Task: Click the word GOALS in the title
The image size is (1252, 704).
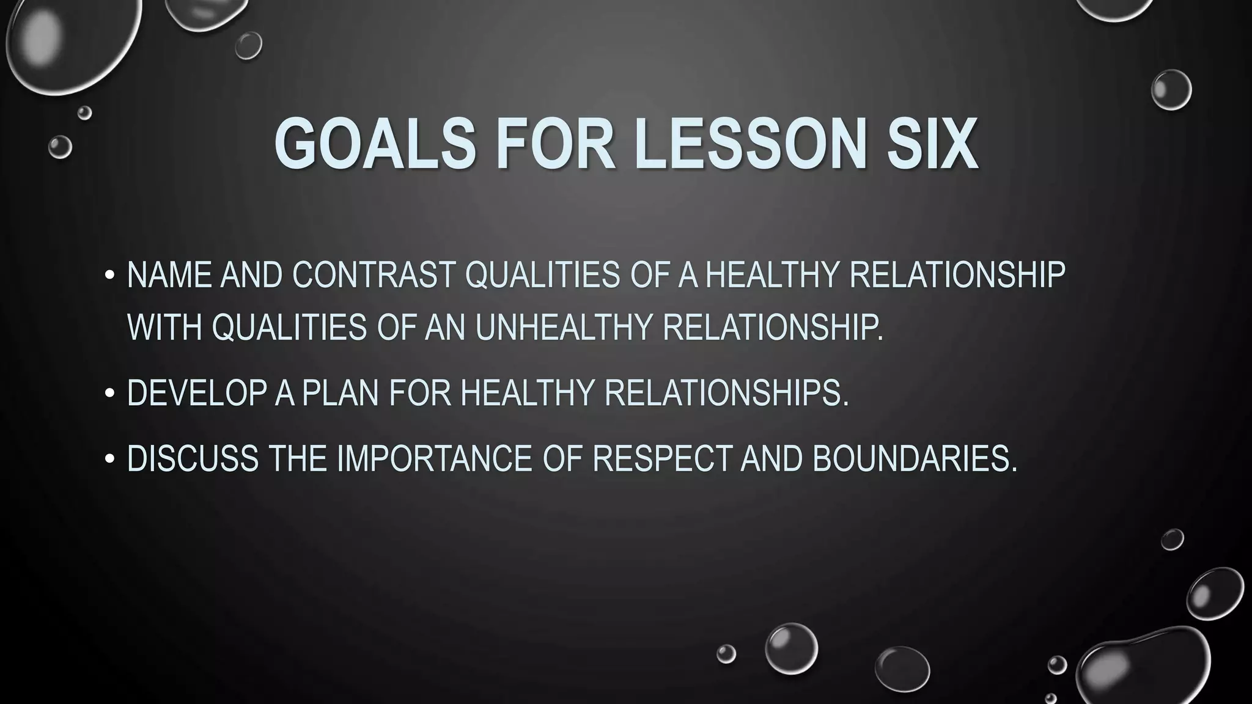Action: (375, 144)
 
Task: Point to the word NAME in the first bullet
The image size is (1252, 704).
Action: (168, 274)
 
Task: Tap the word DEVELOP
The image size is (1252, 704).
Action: (196, 392)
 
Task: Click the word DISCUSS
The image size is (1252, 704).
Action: (193, 458)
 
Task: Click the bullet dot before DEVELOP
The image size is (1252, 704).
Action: (109, 394)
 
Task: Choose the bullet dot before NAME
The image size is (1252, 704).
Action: (109, 276)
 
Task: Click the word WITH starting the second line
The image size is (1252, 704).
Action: (164, 327)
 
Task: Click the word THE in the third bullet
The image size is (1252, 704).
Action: (298, 458)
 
